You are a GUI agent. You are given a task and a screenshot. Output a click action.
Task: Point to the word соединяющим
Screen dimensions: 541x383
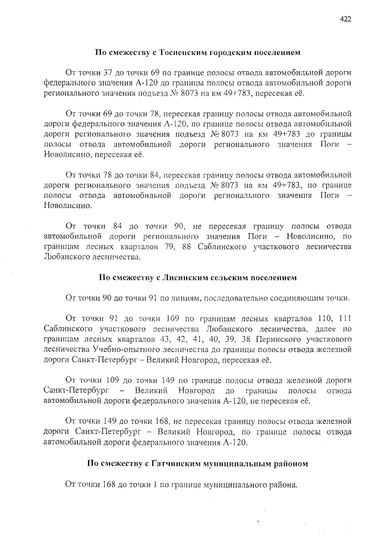pyautogui.click(x=295, y=297)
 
